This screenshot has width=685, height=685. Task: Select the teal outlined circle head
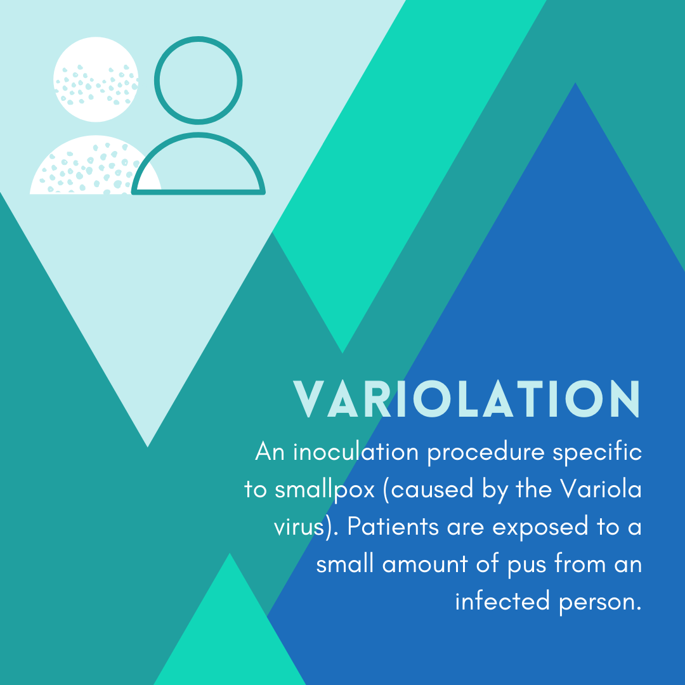point(199,80)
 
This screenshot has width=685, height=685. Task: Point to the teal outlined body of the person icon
point(199,168)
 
